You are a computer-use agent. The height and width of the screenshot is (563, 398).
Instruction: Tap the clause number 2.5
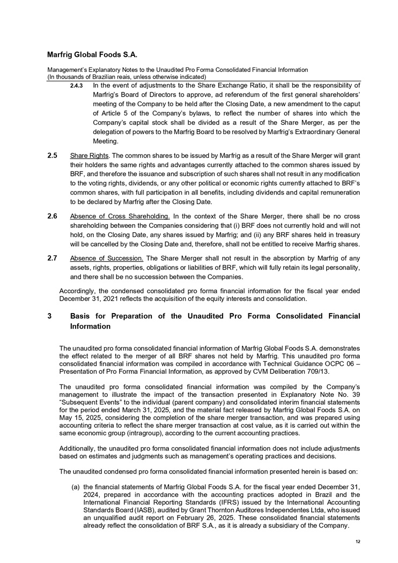[52, 155]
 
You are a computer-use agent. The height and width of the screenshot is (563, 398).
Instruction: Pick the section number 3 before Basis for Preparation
[49, 316]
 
